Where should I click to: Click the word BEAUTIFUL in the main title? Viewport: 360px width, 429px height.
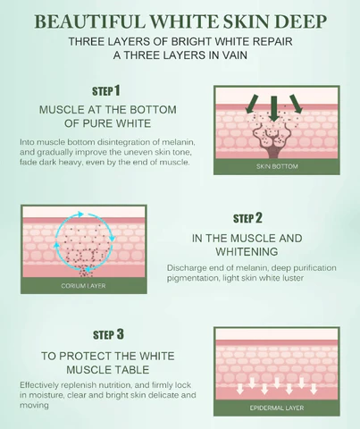click(x=90, y=21)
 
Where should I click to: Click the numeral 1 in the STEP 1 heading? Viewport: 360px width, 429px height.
click(x=117, y=90)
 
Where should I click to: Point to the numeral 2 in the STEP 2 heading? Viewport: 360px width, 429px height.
click(x=259, y=218)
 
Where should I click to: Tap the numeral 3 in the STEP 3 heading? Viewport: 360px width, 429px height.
click(x=120, y=334)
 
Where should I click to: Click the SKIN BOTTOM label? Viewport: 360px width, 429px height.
click(x=277, y=166)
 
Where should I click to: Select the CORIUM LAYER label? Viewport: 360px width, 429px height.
click(x=83, y=286)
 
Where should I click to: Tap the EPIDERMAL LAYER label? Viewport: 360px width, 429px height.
click(x=277, y=408)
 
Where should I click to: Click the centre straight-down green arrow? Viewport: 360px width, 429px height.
click(x=274, y=109)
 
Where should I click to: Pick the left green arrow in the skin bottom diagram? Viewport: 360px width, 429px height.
click(x=252, y=105)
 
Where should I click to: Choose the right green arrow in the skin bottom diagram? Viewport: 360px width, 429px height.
click(x=297, y=104)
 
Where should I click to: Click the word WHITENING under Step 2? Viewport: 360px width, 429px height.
click(x=247, y=252)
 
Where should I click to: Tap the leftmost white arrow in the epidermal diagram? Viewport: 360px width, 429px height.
click(x=240, y=389)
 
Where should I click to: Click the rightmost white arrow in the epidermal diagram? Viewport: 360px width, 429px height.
click(x=314, y=389)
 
